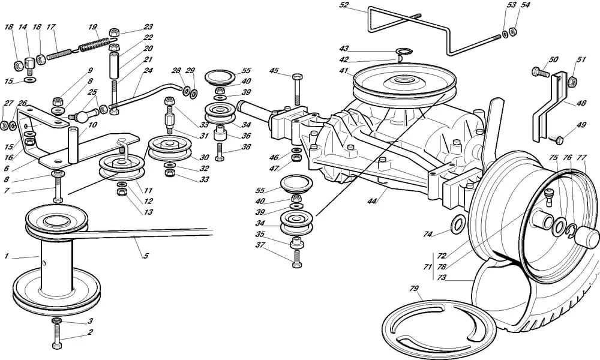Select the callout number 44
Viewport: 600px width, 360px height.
(x=372, y=201)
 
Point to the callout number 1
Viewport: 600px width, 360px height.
(x=6, y=257)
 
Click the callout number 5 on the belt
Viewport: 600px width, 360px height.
(x=145, y=256)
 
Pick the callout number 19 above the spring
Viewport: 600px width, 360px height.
(x=92, y=28)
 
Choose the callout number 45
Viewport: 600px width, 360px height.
(x=274, y=71)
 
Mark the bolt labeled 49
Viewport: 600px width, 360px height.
(x=556, y=139)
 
